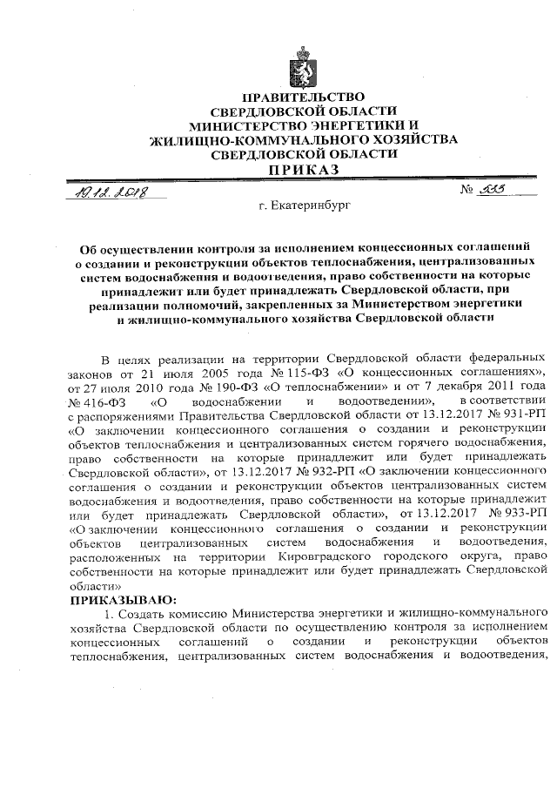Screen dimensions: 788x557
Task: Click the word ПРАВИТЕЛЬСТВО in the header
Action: (x=304, y=97)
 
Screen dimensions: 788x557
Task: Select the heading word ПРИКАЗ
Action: (x=304, y=169)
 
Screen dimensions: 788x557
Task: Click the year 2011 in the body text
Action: (x=505, y=386)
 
